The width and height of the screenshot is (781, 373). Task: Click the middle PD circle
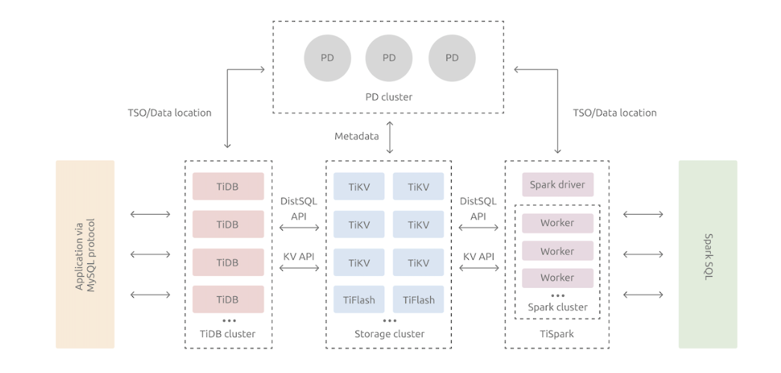click(x=389, y=57)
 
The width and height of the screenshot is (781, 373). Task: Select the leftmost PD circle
click(x=327, y=57)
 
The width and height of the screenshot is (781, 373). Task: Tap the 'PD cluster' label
click(x=388, y=97)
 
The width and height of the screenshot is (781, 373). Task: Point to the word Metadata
click(x=356, y=136)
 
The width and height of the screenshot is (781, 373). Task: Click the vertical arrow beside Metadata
click(x=388, y=137)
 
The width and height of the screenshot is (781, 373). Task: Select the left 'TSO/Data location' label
click(x=169, y=113)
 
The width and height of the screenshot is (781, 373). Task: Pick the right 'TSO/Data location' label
click(x=614, y=113)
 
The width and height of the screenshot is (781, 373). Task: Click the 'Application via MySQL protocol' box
click(x=85, y=254)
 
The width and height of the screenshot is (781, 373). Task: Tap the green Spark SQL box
click(x=707, y=254)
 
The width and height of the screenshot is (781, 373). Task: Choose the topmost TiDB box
click(x=228, y=186)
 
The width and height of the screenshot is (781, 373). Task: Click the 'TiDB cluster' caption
click(x=228, y=333)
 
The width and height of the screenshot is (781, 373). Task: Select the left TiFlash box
click(x=358, y=300)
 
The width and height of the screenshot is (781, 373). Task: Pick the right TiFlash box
click(x=418, y=300)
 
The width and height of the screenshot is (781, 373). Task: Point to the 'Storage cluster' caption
click(x=389, y=333)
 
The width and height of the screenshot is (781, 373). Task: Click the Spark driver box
click(x=557, y=184)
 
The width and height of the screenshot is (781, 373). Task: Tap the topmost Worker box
click(x=557, y=223)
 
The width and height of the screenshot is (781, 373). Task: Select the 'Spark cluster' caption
click(x=557, y=307)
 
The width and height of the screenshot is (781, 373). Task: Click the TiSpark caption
click(x=557, y=333)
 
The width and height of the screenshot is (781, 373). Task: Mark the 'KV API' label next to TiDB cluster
click(x=299, y=256)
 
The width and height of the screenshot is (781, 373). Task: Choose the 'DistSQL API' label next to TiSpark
click(x=478, y=208)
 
